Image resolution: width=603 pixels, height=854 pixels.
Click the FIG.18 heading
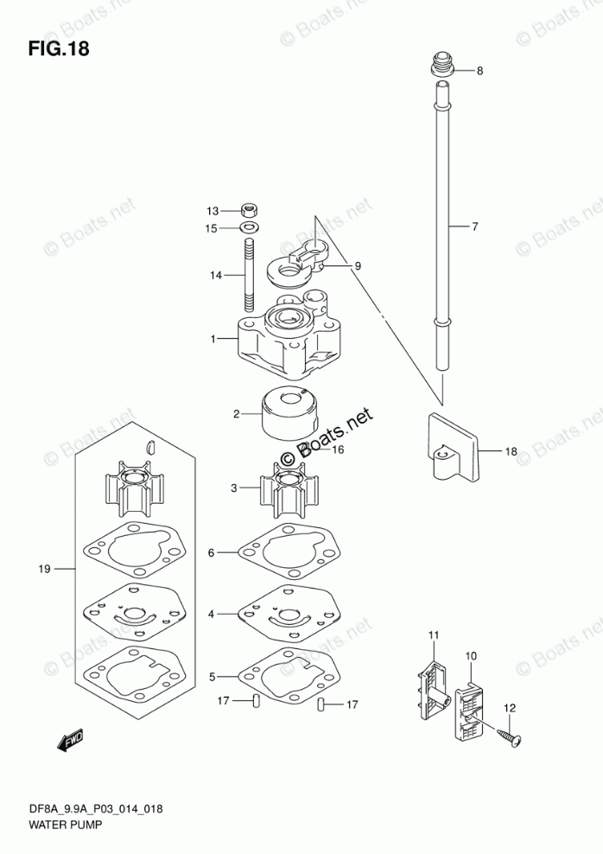[x=59, y=48]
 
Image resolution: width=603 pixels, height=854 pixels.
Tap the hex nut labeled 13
[x=250, y=209]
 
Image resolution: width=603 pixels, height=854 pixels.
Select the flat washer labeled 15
[x=250, y=227]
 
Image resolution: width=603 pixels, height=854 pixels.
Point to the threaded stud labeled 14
[x=250, y=276]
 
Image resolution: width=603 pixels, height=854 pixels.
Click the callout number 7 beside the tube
[x=474, y=226]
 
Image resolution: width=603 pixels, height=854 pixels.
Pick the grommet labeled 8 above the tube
[x=443, y=66]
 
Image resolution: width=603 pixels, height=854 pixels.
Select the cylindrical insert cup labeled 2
[x=289, y=414]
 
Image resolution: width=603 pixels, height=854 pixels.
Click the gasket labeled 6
[x=289, y=554]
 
